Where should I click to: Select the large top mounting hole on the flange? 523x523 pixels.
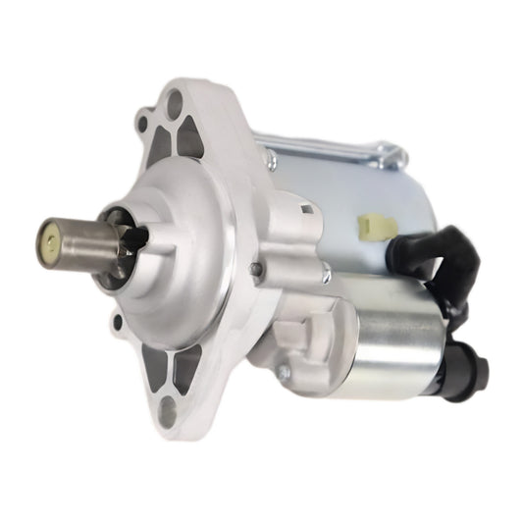coord(177,101)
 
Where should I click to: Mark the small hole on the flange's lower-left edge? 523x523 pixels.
coord(119,322)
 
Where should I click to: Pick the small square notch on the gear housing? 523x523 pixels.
coord(307,208)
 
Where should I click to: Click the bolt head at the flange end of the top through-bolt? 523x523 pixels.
coord(268,156)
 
